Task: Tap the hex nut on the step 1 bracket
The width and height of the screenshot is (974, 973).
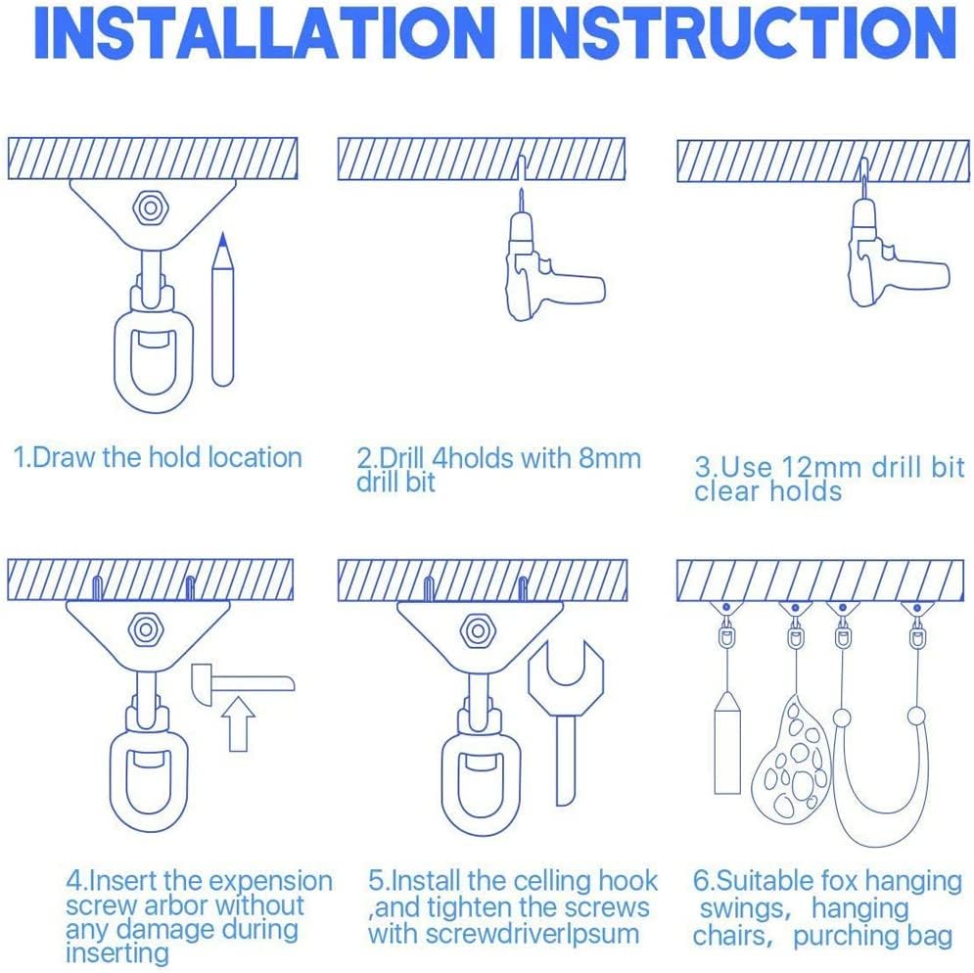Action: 149,208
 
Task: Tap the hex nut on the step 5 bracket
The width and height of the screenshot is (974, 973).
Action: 477,631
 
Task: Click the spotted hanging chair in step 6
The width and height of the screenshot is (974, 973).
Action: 791,758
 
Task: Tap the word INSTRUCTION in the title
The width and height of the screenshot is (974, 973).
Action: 738,33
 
